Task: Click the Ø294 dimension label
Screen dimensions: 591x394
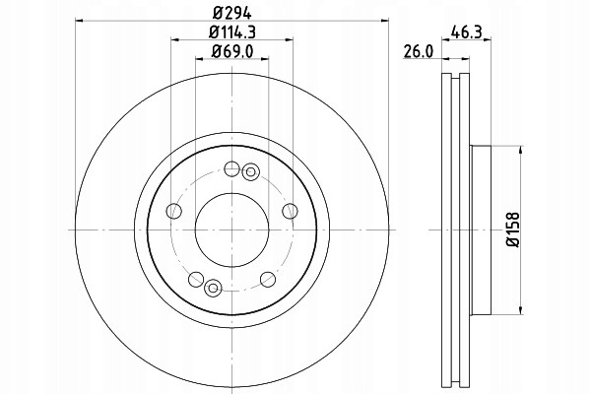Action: (x=231, y=14)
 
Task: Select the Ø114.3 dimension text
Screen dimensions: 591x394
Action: (x=232, y=33)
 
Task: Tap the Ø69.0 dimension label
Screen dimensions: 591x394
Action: (x=232, y=51)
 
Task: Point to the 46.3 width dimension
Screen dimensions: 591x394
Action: (x=467, y=33)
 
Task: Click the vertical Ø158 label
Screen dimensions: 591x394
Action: (x=512, y=230)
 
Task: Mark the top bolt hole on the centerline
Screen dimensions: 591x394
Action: (x=231, y=168)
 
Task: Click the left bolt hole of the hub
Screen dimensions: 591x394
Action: (x=173, y=211)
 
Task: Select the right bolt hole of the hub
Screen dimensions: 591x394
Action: (x=290, y=211)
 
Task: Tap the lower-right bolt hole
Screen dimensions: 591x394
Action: (x=268, y=279)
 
